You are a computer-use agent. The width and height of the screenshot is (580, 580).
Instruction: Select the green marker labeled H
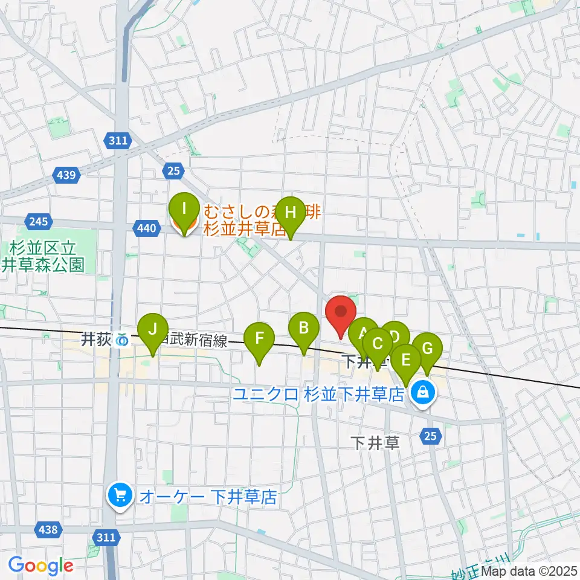tap(291, 213)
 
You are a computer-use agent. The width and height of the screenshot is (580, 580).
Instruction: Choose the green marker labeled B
tap(304, 329)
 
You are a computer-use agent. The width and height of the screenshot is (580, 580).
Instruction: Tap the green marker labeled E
tap(406, 360)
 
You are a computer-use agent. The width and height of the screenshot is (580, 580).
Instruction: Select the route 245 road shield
tap(37, 221)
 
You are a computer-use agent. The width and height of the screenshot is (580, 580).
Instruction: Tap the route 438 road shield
tap(48, 530)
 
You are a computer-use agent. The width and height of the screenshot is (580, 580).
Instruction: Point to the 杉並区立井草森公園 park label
tap(46, 256)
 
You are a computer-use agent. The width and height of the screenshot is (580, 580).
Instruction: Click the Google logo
tap(40, 565)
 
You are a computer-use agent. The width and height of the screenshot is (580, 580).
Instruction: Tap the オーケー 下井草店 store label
tap(208, 497)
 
